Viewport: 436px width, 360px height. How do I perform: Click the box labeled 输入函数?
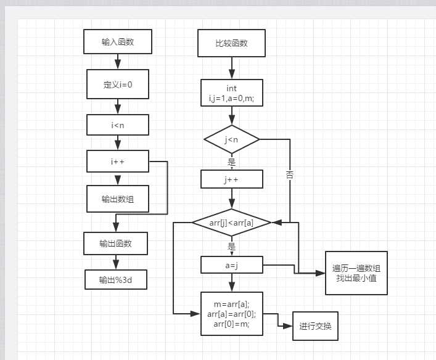click(117, 43)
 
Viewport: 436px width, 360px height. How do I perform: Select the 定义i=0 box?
click(117, 84)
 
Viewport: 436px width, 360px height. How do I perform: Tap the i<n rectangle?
click(117, 125)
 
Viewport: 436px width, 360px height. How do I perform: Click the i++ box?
click(117, 162)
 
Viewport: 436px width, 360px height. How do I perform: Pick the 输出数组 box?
click(117, 198)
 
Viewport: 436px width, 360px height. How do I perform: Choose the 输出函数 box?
click(115, 243)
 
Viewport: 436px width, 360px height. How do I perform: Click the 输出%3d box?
click(115, 279)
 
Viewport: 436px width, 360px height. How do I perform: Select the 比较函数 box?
click(231, 43)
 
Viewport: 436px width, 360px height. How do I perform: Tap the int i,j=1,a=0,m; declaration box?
click(231, 93)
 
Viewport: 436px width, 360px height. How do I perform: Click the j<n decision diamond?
click(231, 140)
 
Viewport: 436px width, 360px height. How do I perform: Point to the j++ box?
click(231, 179)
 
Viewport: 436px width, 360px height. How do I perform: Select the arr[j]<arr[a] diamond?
click(231, 222)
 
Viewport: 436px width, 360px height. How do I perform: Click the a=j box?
click(231, 265)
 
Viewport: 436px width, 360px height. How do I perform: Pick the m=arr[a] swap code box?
click(231, 314)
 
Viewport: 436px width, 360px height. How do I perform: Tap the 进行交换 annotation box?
click(315, 326)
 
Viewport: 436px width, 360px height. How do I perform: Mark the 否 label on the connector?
click(290, 174)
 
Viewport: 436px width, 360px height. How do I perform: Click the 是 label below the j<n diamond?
click(232, 162)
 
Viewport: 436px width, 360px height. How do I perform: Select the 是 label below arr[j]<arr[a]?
click(232, 246)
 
